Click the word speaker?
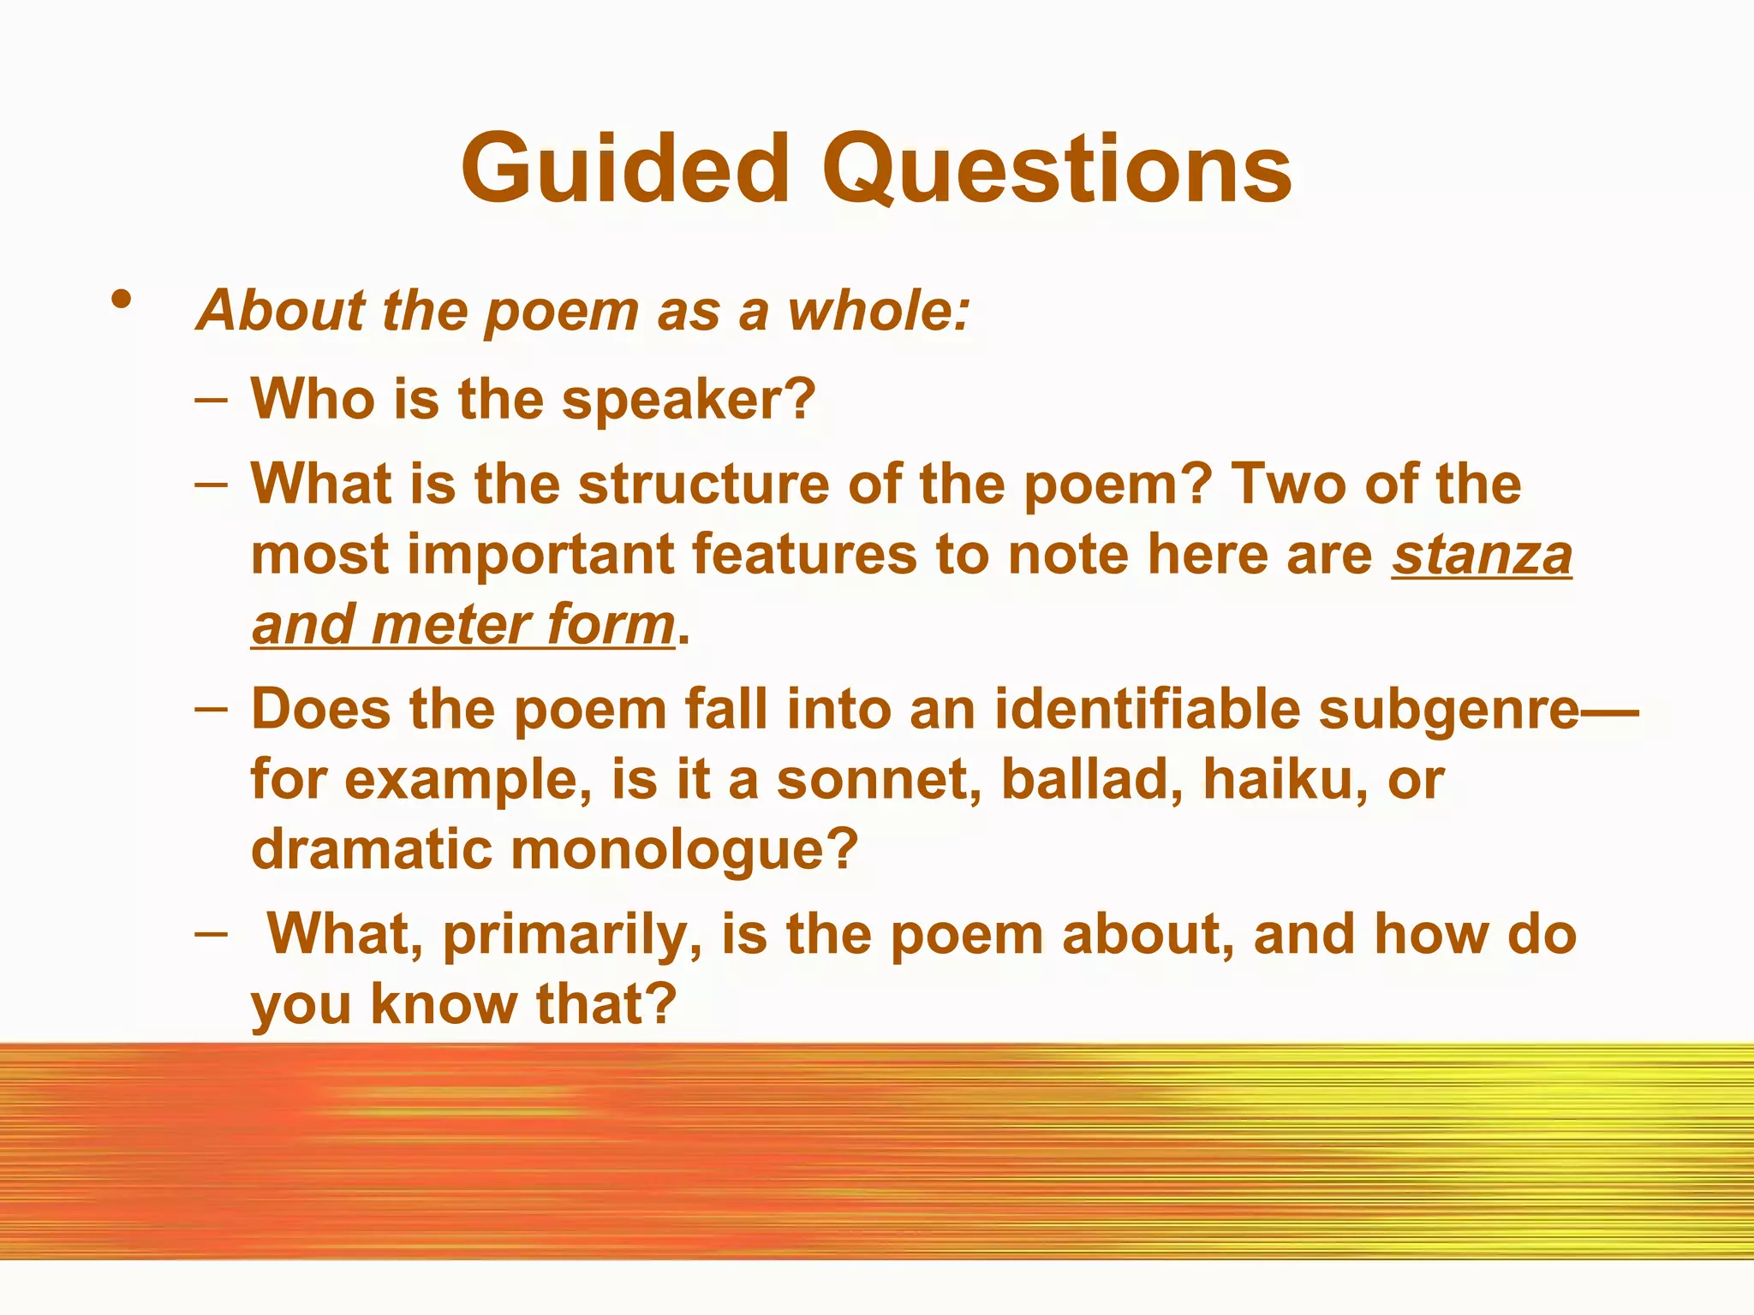(689, 400)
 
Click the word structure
(703, 485)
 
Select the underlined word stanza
(1482, 555)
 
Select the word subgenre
(1447, 711)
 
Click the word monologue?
(684, 850)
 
